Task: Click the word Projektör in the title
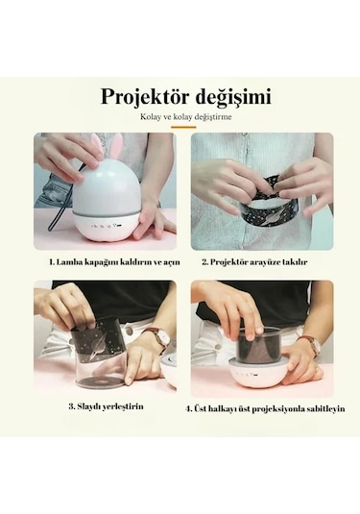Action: click(x=143, y=97)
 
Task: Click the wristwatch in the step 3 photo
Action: click(x=159, y=337)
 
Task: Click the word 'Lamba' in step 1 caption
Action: click(x=73, y=260)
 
